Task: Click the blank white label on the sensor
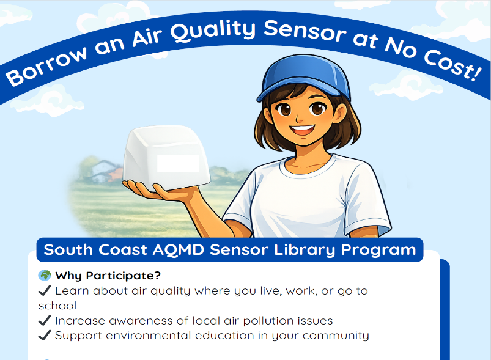click(178, 163)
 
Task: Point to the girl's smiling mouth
click(303, 130)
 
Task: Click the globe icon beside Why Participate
click(45, 276)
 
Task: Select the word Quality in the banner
click(213, 31)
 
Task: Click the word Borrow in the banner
click(47, 67)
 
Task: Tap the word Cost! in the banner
click(453, 65)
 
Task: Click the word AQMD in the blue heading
click(179, 250)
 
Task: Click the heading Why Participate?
click(108, 276)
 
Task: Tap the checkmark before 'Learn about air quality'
click(45, 290)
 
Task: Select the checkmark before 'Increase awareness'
click(45, 320)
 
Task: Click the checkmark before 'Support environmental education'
click(45, 335)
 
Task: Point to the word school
click(57, 306)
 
